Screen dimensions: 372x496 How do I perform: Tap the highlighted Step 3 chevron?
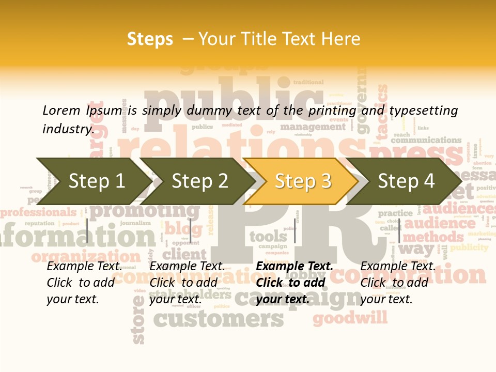tap(302, 181)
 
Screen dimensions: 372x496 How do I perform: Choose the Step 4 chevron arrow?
tap(406, 181)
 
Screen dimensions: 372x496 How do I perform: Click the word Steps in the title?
tap(150, 39)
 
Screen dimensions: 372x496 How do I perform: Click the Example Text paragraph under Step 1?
tap(84, 282)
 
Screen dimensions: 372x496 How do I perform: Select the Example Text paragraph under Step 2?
tap(187, 282)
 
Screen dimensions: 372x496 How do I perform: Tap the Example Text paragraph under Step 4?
tap(398, 282)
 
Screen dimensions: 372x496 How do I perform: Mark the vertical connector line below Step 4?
tap(399, 231)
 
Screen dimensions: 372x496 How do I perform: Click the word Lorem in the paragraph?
tap(61, 110)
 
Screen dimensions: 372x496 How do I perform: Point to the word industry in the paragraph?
tap(67, 129)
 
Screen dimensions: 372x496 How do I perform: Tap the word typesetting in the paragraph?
tap(423, 110)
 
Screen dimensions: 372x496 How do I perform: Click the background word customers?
tap(219, 319)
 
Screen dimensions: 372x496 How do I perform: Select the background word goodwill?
tap(350, 317)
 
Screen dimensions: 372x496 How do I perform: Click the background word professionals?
tap(39, 212)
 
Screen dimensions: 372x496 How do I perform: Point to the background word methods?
tap(426, 237)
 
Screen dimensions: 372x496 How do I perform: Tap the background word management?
tap(313, 127)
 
